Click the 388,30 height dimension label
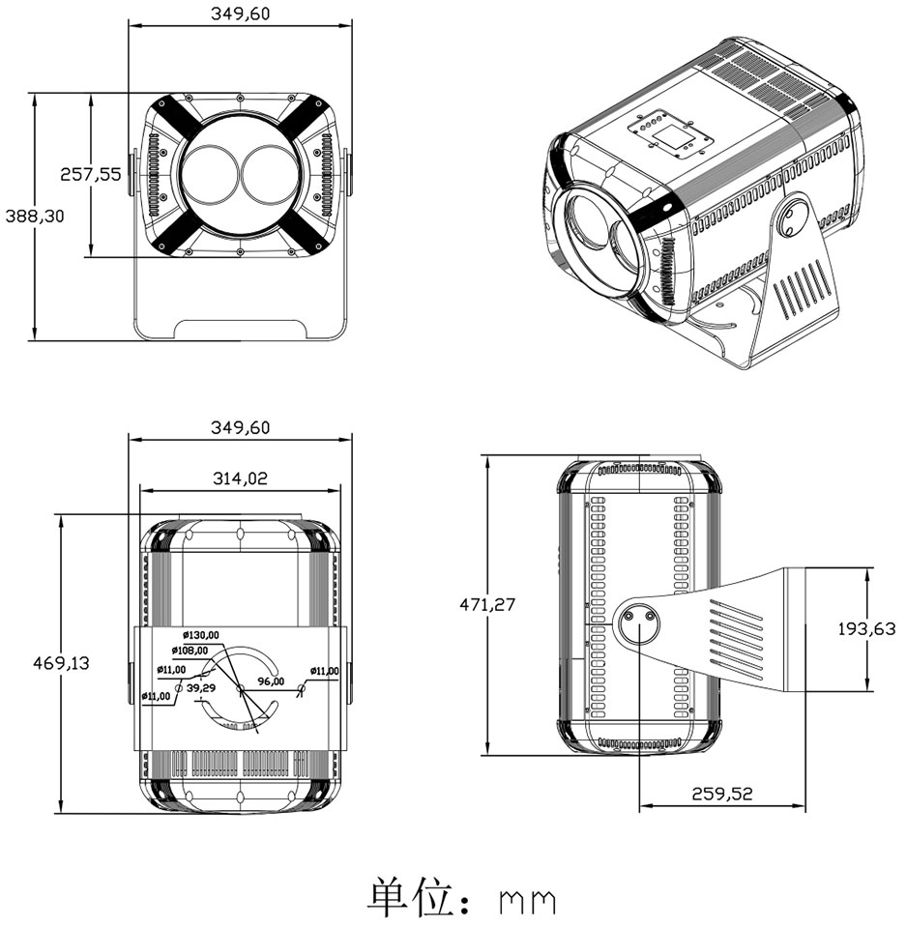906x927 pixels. (34, 217)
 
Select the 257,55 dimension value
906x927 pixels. (91, 174)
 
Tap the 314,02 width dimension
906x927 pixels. (240, 477)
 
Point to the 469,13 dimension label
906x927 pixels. (61, 662)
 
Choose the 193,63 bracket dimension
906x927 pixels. (866, 628)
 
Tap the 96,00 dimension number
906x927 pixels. (271, 681)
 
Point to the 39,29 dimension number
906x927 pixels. (201, 687)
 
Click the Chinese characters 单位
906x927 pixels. (410, 898)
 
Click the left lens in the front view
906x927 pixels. (211, 175)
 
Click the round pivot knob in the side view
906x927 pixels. (638, 624)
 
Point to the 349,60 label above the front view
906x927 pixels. (240, 14)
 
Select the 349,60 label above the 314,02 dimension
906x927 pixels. (240, 427)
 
